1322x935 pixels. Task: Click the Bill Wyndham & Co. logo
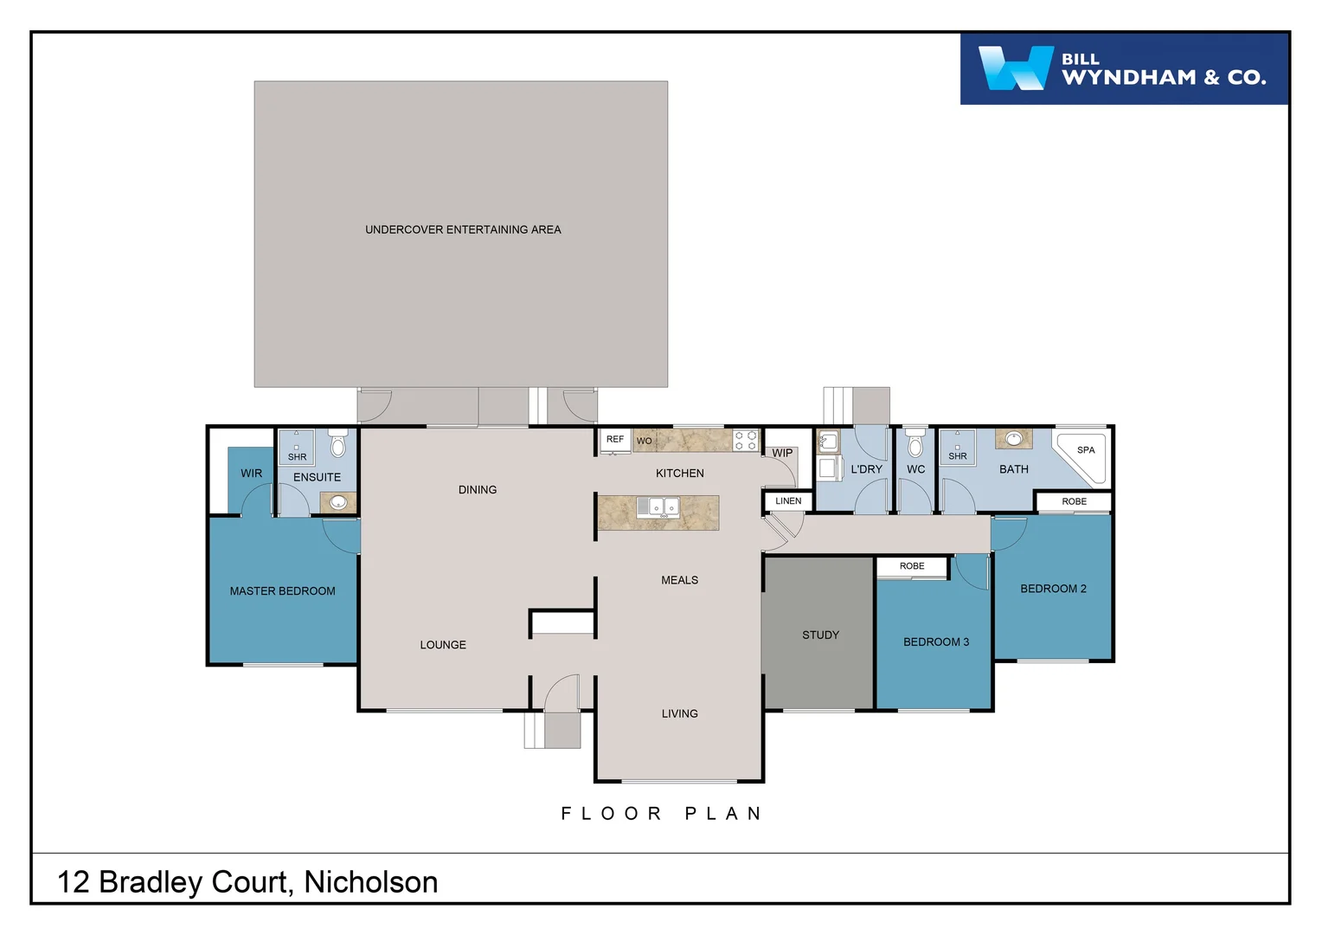tap(1123, 69)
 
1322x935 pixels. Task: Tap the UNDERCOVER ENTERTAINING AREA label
tap(463, 229)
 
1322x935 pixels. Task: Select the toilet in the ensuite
tap(338, 443)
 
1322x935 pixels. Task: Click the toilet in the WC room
tap(915, 444)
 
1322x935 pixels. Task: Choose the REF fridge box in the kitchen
tap(615, 440)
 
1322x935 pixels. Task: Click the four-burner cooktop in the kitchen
tap(745, 440)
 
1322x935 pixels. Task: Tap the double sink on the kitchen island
tap(658, 507)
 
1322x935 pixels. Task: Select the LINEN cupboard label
tap(788, 501)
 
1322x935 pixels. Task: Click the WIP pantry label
tap(782, 453)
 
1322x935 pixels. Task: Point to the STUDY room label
tap(820, 635)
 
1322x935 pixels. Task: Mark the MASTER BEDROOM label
tap(282, 591)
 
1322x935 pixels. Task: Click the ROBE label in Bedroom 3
tap(912, 566)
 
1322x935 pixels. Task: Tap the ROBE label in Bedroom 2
tap(1074, 501)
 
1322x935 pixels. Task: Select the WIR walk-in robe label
tap(251, 474)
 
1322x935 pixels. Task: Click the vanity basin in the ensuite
tap(338, 502)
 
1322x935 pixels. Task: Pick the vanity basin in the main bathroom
tap(1013, 439)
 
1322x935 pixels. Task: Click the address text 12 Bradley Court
tap(247, 881)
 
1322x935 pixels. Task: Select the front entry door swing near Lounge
tap(561, 693)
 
